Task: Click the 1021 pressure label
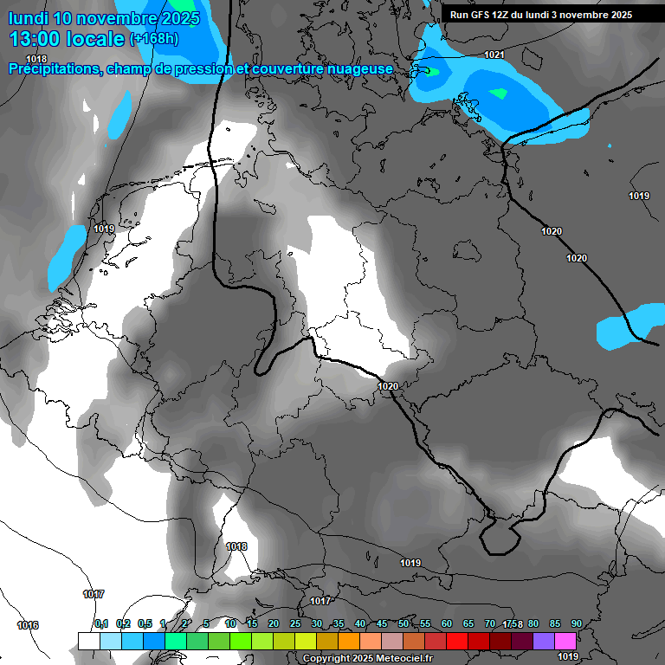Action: point(494,55)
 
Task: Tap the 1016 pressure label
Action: point(28,625)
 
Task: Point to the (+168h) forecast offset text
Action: point(154,39)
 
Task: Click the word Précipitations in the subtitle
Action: point(55,68)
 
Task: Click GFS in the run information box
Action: point(483,15)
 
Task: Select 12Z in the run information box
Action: point(505,15)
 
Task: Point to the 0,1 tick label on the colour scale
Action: point(100,623)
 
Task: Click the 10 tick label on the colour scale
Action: point(229,623)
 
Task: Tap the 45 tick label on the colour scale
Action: point(382,623)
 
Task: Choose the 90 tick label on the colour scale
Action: point(576,623)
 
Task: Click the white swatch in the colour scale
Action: point(88,641)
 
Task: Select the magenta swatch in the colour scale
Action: point(565,641)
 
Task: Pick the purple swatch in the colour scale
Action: point(543,641)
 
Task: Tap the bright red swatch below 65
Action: point(456,641)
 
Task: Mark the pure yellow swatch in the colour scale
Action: point(305,641)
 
